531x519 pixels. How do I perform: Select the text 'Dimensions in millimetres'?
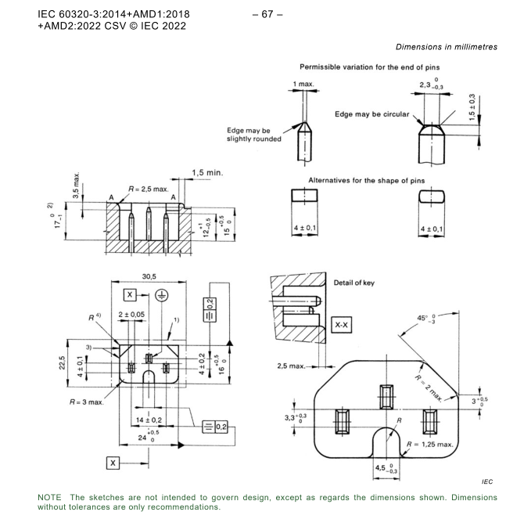click(x=446, y=47)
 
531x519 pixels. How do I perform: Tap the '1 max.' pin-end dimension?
click(x=304, y=84)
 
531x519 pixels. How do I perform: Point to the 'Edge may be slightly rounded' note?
click(x=248, y=134)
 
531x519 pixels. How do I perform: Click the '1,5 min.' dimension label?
click(x=207, y=173)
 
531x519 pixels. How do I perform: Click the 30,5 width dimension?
click(x=149, y=278)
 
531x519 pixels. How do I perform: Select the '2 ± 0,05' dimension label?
click(x=131, y=315)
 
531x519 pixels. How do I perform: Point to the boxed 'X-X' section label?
click(x=343, y=326)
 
